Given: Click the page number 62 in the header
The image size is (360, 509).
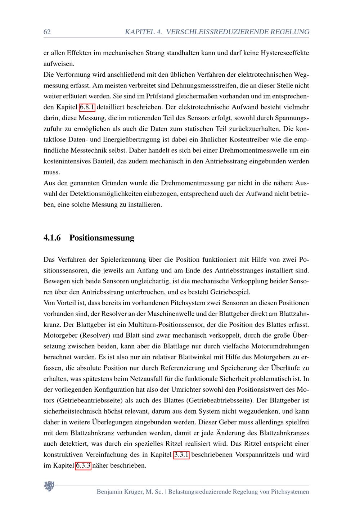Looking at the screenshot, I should tap(47, 32).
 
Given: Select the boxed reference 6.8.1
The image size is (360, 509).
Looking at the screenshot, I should tap(87, 107).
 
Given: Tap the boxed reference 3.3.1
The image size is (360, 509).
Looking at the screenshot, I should tap(181, 455).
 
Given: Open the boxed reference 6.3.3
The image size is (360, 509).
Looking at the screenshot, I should tap(83, 465).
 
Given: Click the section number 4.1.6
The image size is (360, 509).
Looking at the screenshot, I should tap(52, 238).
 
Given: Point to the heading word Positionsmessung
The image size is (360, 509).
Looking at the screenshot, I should tap(102, 238).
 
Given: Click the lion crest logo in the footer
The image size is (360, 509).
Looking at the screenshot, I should tap(49, 487).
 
